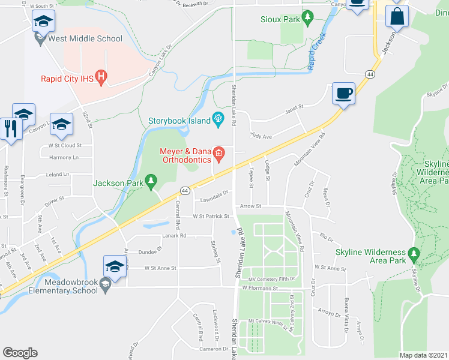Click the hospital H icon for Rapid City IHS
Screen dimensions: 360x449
(x=101, y=77)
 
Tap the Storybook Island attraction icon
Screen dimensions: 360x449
(x=217, y=120)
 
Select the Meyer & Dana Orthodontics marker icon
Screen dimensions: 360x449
(x=219, y=155)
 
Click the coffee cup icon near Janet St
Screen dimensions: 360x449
(x=343, y=93)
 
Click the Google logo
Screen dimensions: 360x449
(x=20, y=353)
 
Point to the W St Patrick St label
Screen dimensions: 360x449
(x=211, y=216)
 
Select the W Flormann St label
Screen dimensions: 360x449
(x=261, y=288)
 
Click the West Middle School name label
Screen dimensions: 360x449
(x=86, y=39)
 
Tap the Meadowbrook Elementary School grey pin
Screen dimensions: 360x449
(x=106, y=287)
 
